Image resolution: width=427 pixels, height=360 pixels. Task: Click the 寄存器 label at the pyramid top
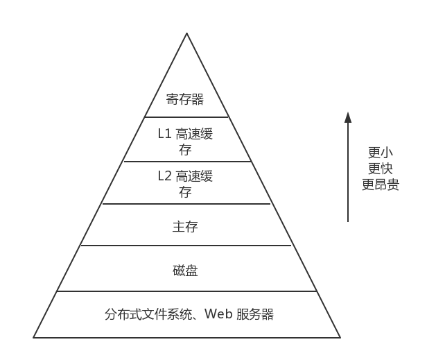(x=185, y=99)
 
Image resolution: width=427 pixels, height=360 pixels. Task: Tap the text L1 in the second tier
(x=164, y=134)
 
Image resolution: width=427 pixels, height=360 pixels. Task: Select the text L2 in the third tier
(x=164, y=176)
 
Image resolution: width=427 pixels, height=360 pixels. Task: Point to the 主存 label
(x=185, y=227)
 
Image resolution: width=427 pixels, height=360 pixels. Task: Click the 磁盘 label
(x=185, y=271)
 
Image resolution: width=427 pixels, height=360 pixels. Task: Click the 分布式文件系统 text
(x=145, y=314)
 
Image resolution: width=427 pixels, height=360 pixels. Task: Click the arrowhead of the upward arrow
(x=348, y=117)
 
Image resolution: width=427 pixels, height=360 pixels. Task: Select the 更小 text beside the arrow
(x=380, y=153)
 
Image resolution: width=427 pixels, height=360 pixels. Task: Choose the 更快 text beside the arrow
(x=380, y=169)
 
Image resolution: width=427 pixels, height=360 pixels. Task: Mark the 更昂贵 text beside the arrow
(x=380, y=185)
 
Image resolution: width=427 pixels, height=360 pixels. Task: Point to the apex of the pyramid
(x=186, y=33)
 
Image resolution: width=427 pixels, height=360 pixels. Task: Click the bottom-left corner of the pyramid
(x=34, y=337)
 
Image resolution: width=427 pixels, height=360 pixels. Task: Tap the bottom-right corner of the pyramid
(x=340, y=337)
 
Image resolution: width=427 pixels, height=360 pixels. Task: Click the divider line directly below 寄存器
(x=186, y=117)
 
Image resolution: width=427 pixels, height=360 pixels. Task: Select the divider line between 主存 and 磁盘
(x=186, y=246)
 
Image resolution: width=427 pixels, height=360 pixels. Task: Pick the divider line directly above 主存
(x=186, y=204)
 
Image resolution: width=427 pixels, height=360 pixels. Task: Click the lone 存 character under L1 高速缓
(x=185, y=149)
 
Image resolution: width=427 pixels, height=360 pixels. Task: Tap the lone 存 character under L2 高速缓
(x=185, y=192)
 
